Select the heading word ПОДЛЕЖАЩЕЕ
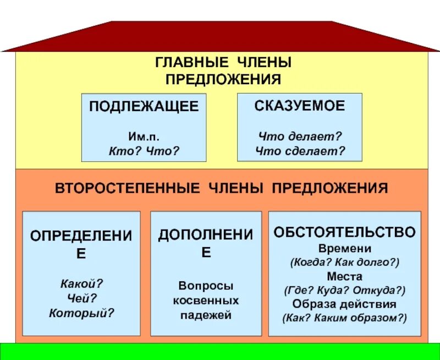pos(144,107)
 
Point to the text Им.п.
pos(144,135)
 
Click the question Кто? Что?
pos(144,150)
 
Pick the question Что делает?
pos(300,135)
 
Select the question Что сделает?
pos(300,150)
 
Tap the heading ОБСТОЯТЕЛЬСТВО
pos(344,232)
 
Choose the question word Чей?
pos(81,298)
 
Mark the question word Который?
pos(81,313)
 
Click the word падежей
pos(206,315)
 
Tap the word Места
pos(344,276)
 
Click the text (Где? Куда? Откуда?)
pos(344,290)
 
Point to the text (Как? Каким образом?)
pos(344,318)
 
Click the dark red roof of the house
pos(220,36)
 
